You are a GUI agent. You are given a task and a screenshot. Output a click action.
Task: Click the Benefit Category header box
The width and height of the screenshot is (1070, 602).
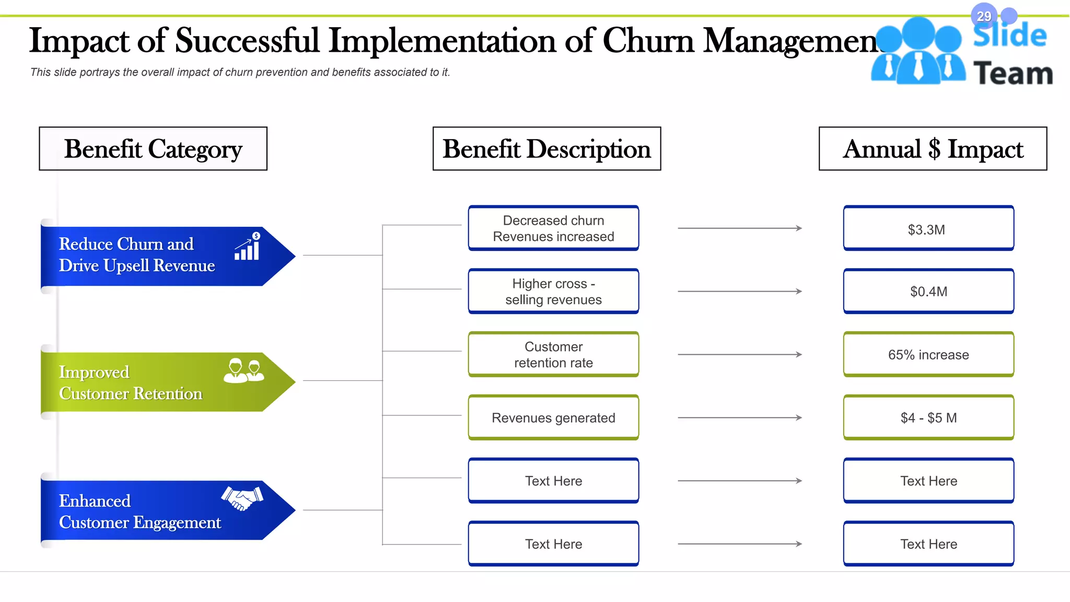pyautogui.click(x=153, y=149)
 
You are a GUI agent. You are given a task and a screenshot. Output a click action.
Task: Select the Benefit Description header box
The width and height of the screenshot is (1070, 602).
pyautogui.click(x=546, y=149)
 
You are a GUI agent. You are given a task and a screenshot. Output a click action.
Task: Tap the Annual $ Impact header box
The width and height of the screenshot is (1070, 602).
pyautogui.click(x=933, y=149)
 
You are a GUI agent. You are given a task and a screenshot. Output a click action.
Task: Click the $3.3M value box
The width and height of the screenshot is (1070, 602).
pyautogui.click(x=928, y=229)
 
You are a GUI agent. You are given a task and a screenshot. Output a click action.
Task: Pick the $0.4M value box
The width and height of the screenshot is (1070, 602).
pyautogui.click(x=928, y=292)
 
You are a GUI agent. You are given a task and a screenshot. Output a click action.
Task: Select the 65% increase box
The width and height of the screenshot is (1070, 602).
pyautogui.click(x=928, y=355)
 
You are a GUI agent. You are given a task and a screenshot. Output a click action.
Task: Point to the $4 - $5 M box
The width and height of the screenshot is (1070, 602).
pyautogui.click(x=928, y=418)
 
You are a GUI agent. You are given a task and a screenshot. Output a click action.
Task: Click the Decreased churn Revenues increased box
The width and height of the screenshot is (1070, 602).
pyautogui.click(x=553, y=228)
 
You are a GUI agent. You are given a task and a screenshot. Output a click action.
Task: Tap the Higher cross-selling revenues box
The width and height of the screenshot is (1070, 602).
pyautogui.click(x=553, y=292)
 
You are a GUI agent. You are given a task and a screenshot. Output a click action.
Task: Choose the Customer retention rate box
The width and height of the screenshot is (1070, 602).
pyautogui.click(x=553, y=355)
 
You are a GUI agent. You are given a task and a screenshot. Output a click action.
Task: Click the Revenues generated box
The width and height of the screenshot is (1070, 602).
pyautogui.click(x=553, y=418)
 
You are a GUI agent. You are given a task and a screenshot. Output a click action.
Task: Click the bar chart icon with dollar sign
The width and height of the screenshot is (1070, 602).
pyautogui.click(x=248, y=247)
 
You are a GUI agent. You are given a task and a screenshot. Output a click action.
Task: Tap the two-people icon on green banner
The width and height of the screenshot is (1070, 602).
pyautogui.click(x=243, y=371)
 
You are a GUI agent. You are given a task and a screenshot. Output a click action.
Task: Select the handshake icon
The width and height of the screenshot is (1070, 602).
pyautogui.click(x=242, y=498)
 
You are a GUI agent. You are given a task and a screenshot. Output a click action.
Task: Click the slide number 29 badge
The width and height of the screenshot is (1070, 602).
pyautogui.click(x=984, y=16)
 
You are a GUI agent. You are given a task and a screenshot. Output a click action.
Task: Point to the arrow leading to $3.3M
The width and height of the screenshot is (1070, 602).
pyautogui.click(x=739, y=228)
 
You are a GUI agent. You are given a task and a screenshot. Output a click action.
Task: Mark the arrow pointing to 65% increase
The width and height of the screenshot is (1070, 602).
pyautogui.click(x=739, y=354)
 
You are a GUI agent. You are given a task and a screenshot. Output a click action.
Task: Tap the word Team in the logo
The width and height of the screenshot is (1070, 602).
pyautogui.click(x=1013, y=74)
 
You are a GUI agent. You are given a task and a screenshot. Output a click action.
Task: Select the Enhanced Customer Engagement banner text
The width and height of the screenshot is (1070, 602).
pyautogui.click(x=139, y=512)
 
